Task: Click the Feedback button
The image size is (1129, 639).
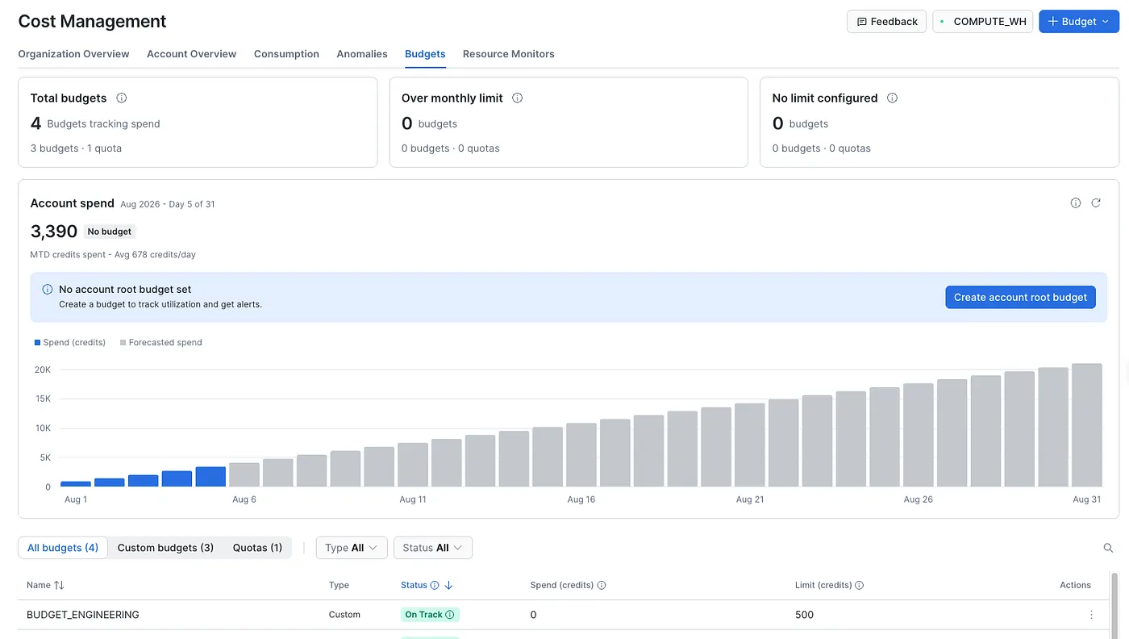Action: point(886,22)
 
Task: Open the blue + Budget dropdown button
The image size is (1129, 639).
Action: point(1079,22)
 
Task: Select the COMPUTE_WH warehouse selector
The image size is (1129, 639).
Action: point(982,22)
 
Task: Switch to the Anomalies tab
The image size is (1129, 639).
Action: point(362,54)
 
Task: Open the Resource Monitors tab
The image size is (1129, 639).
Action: point(508,54)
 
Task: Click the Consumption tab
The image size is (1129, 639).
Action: point(286,54)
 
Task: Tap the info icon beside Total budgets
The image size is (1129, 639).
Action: point(122,98)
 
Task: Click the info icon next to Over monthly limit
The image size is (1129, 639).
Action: point(517,98)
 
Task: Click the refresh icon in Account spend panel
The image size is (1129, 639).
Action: point(1096,203)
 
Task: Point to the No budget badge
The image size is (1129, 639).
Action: point(110,232)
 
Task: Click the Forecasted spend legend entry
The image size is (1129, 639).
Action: point(160,342)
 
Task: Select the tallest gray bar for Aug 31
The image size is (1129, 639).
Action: point(1087,424)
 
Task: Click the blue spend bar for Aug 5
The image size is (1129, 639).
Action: point(210,477)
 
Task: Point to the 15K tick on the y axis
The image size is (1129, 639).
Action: point(43,399)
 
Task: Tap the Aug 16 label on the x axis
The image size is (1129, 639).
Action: point(581,499)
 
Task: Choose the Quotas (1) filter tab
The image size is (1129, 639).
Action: point(257,548)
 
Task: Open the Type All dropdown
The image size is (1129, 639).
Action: point(352,548)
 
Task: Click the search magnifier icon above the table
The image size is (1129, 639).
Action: point(1108,548)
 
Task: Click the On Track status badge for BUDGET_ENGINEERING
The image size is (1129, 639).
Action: point(429,614)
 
